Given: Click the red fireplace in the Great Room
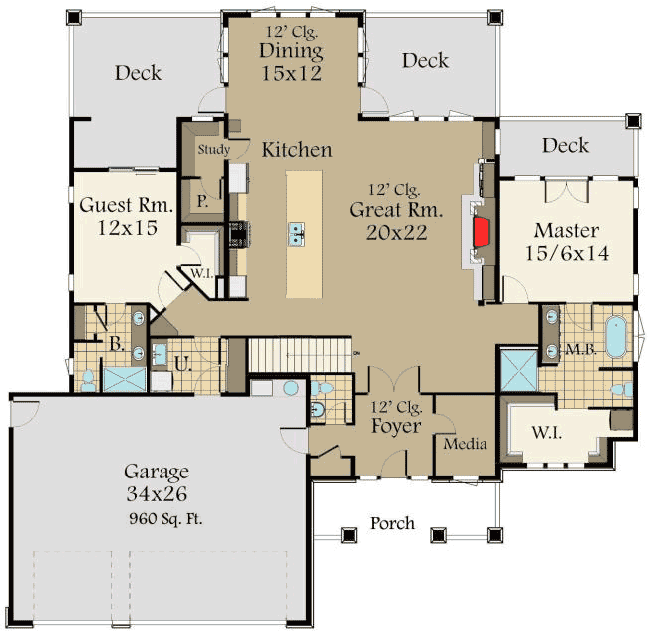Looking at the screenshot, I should point(482,233).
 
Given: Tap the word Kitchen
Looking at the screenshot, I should point(297,150).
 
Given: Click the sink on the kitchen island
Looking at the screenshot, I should point(298,233).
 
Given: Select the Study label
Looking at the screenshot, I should point(214,150).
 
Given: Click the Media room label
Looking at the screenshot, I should point(465,444).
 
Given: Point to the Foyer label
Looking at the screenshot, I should point(395,427).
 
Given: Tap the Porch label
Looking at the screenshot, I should point(392,523).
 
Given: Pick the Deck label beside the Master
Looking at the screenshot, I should point(566,146).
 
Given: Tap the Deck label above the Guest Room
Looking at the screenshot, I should point(138,72).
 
